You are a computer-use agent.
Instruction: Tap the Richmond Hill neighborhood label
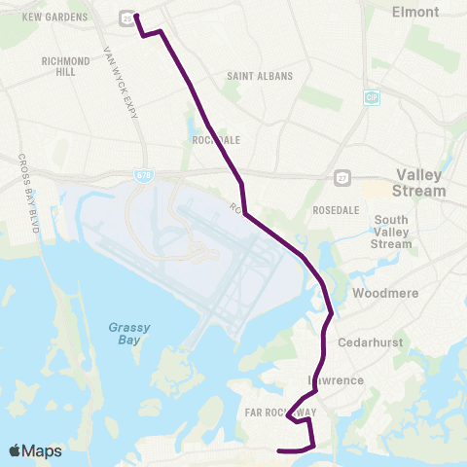[x=66, y=65]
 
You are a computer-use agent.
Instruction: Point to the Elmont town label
[x=415, y=13]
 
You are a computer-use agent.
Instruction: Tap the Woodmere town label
[x=386, y=292]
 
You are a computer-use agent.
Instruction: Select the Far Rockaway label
[x=292, y=413]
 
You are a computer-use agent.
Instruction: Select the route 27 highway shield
[x=341, y=176]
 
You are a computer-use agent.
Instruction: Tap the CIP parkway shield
[x=371, y=97]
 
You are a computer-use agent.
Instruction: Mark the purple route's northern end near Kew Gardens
[x=134, y=16]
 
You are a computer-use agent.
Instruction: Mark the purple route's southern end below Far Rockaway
[x=279, y=450]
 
